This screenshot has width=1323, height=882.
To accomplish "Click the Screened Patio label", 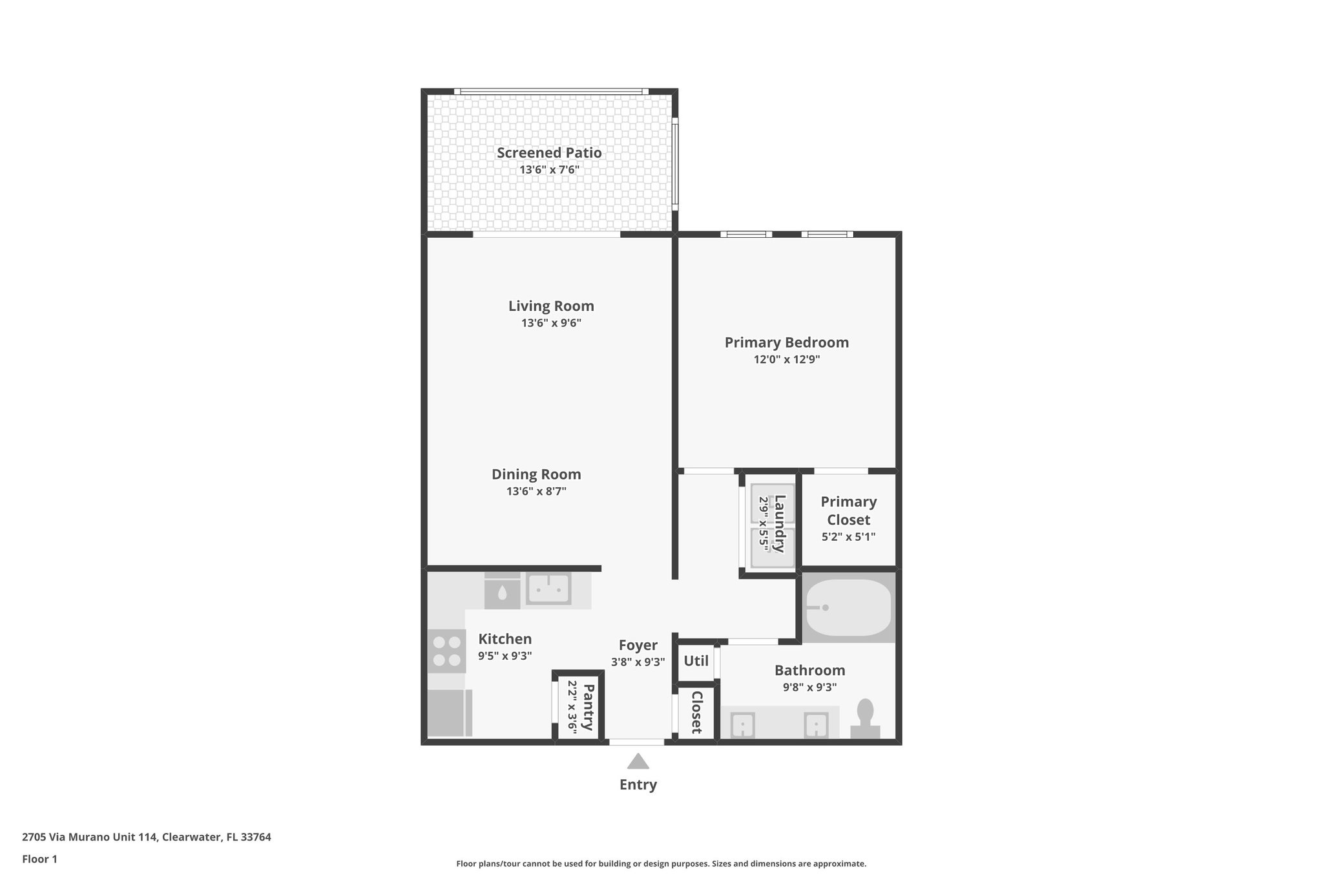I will tap(549, 153).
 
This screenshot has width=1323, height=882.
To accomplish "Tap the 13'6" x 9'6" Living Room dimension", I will tap(551, 323).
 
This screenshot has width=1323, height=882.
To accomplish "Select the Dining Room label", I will tap(536, 474).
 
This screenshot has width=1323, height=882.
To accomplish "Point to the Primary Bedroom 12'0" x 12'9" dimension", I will tap(786, 359).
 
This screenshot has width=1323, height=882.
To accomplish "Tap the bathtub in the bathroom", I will tap(848, 607).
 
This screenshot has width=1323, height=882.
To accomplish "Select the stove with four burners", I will tap(446, 651).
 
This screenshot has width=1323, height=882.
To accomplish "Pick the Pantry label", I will tap(588, 707).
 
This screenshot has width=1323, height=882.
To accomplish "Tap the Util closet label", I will tap(696, 661).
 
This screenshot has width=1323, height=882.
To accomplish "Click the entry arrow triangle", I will tap(638, 762).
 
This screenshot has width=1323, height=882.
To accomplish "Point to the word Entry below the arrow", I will tap(638, 784).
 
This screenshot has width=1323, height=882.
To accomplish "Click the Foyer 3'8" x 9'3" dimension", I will tap(638, 662).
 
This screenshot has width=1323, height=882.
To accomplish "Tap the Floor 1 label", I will tap(39, 859).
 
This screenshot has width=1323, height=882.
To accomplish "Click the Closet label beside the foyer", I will tap(696, 712).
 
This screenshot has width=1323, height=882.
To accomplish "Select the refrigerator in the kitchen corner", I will tap(448, 713).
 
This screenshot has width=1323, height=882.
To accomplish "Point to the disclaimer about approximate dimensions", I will tap(661, 863).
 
